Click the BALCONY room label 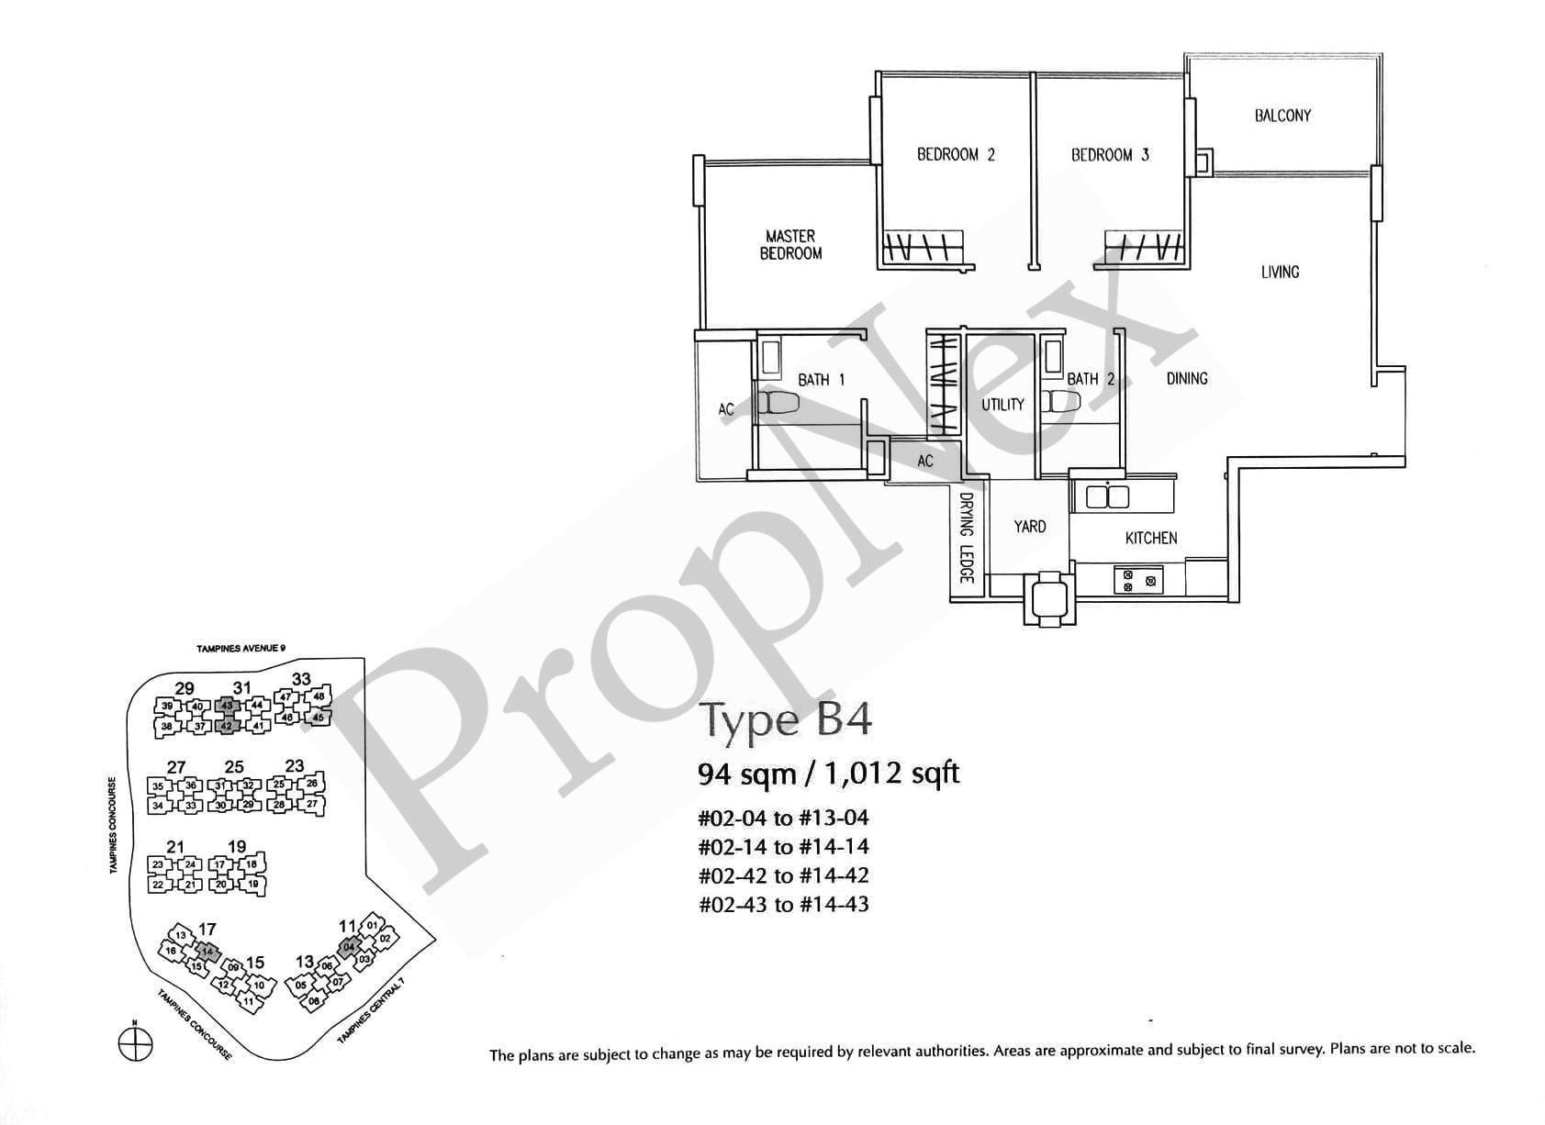tap(1282, 116)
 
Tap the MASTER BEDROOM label tap(790, 245)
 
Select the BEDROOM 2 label tap(956, 155)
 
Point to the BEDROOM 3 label tap(1110, 155)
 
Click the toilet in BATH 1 tap(778, 403)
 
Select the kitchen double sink tap(1107, 497)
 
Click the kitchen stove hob tap(1138, 580)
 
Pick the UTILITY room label tap(1002, 405)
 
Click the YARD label tap(1029, 527)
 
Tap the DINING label tap(1186, 378)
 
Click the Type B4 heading tap(785, 720)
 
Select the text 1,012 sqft tap(891, 774)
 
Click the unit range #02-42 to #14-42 tap(783, 875)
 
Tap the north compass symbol tap(135, 1043)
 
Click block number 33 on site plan tap(300, 680)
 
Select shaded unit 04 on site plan tap(348, 947)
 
